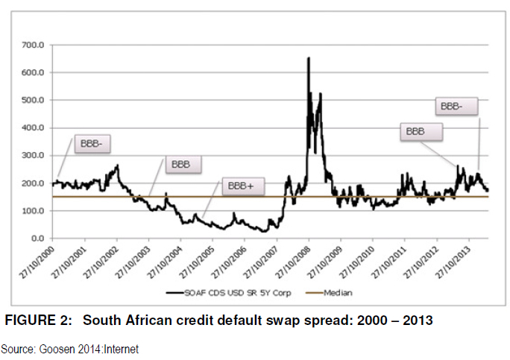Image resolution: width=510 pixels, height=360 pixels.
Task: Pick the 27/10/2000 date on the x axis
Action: [x=40, y=260]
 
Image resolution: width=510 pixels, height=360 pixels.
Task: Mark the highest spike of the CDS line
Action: [x=309, y=58]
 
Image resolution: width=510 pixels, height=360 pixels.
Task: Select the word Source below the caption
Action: [x=15, y=348]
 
